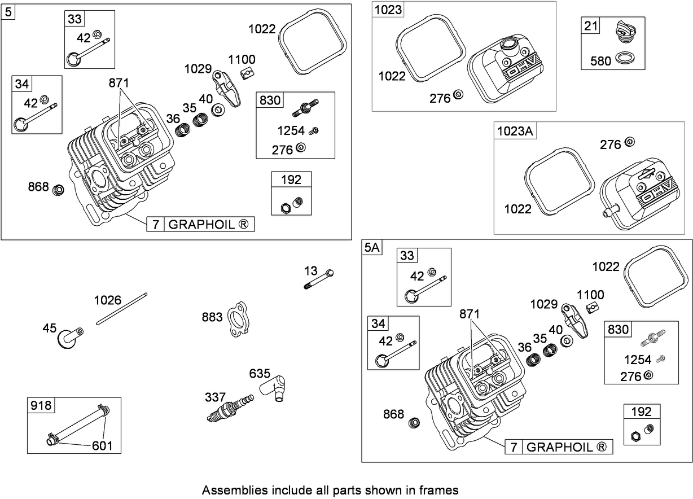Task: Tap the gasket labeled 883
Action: coord(239,321)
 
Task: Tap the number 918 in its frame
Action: coord(41,405)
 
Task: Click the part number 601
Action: coord(102,446)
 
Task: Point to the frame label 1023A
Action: coord(515,131)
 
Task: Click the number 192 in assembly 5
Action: coord(291,180)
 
